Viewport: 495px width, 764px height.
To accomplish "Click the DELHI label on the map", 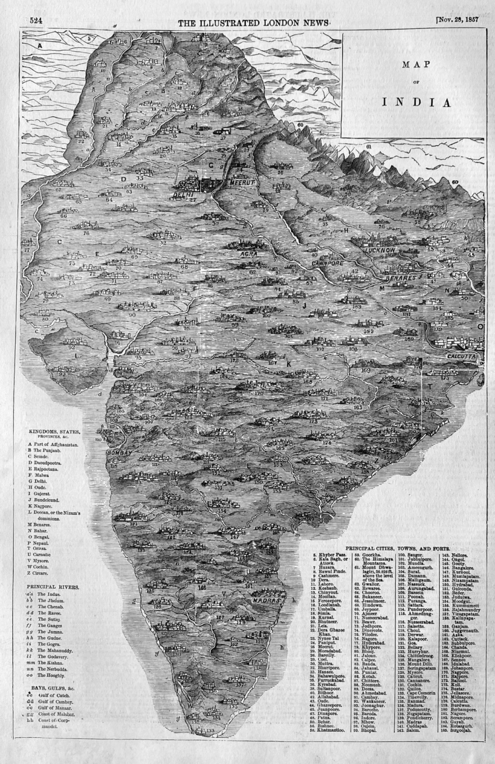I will pyautogui.click(x=184, y=194).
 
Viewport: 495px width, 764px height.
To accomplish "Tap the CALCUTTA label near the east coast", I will pyautogui.click(x=460, y=358).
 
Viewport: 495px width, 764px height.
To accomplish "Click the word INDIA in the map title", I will pyautogui.click(x=417, y=101).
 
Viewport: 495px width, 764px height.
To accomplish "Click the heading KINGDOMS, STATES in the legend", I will pyautogui.click(x=51, y=431).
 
